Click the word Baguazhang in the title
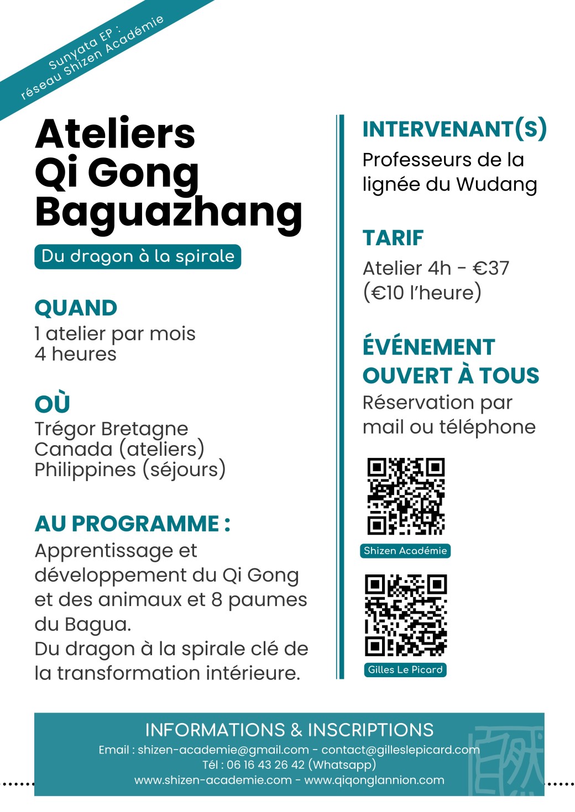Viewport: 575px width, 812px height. click(x=168, y=212)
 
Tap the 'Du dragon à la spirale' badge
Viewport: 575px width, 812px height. click(x=138, y=256)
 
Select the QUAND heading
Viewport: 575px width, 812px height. click(x=76, y=308)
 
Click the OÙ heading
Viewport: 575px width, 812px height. click(x=52, y=403)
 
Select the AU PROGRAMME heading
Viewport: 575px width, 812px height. click(x=132, y=524)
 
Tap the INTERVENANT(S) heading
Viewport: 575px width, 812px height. click(x=454, y=129)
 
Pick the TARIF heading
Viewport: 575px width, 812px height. click(x=393, y=238)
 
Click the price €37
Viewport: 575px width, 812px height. click(x=491, y=268)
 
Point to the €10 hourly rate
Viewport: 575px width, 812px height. click(x=388, y=292)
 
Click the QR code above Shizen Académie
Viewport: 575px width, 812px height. click(x=406, y=497)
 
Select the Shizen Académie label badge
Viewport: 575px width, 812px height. click(x=405, y=551)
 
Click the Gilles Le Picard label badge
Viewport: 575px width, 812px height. click(x=405, y=669)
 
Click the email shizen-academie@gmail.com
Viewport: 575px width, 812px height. click(x=223, y=750)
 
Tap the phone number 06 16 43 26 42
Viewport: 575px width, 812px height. click(x=265, y=765)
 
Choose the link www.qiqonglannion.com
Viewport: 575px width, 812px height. click(x=374, y=780)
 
